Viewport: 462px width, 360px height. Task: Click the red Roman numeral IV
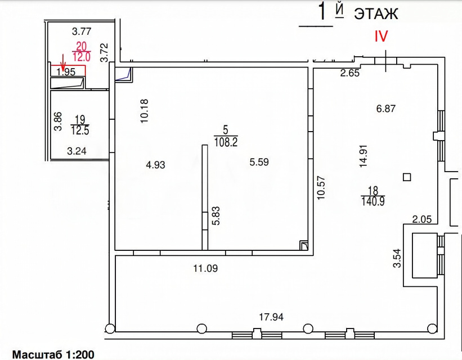pyautogui.click(x=381, y=36)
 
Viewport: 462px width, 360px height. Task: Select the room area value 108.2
pyautogui.click(x=226, y=142)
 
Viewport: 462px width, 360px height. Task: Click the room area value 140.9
pyautogui.click(x=373, y=201)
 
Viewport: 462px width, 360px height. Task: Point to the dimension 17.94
pyautogui.click(x=271, y=317)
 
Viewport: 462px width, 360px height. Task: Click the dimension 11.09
pyautogui.click(x=205, y=268)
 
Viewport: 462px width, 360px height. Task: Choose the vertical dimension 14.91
pyautogui.click(x=364, y=156)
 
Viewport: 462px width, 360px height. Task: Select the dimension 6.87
pyautogui.click(x=385, y=109)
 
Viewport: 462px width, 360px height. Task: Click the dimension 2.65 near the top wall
pyautogui.click(x=350, y=73)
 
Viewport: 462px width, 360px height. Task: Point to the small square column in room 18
pyautogui.click(x=407, y=177)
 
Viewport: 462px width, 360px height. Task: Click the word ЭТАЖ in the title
pyautogui.click(x=376, y=13)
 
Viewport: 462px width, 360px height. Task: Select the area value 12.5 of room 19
pyautogui.click(x=80, y=130)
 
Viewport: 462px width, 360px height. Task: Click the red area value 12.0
pyautogui.click(x=82, y=57)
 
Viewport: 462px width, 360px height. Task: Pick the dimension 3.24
pyautogui.click(x=77, y=151)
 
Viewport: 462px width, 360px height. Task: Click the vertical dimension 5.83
pyautogui.click(x=216, y=215)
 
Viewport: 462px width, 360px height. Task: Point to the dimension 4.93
pyautogui.click(x=155, y=165)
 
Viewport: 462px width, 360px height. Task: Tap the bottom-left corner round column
pyautogui.click(x=110, y=328)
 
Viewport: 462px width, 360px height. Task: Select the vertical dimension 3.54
pyautogui.click(x=397, y=258)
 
